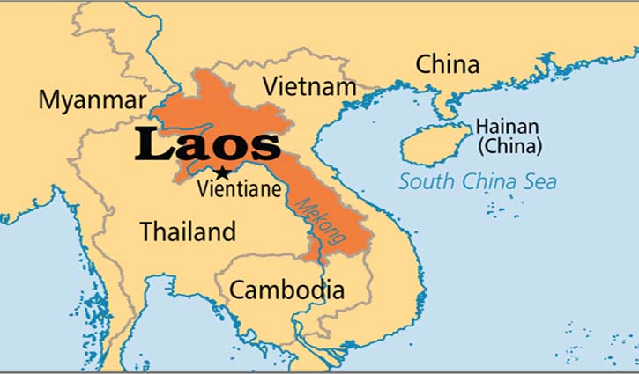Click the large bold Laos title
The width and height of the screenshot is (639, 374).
pyautogui.click(x=208, y=146)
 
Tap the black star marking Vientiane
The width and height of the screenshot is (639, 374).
pyautogui.click(x=222, y=172)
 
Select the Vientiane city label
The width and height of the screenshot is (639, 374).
pyautogui.click(x=240, y=187)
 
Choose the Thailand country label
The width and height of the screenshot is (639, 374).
pyautogui.click(x=188, y=231)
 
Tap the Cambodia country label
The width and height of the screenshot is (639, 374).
pyautogui.click(x=286, y=289)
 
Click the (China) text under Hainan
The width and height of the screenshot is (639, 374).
pyautogui.click(x=509, y=146)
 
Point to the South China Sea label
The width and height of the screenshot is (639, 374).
pyautogui.click(x=478, y=182)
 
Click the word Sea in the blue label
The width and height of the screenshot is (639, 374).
pyautogui.click(x=541, y=182)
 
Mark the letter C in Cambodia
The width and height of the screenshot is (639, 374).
pyautogui.click(x=236, y=289)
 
